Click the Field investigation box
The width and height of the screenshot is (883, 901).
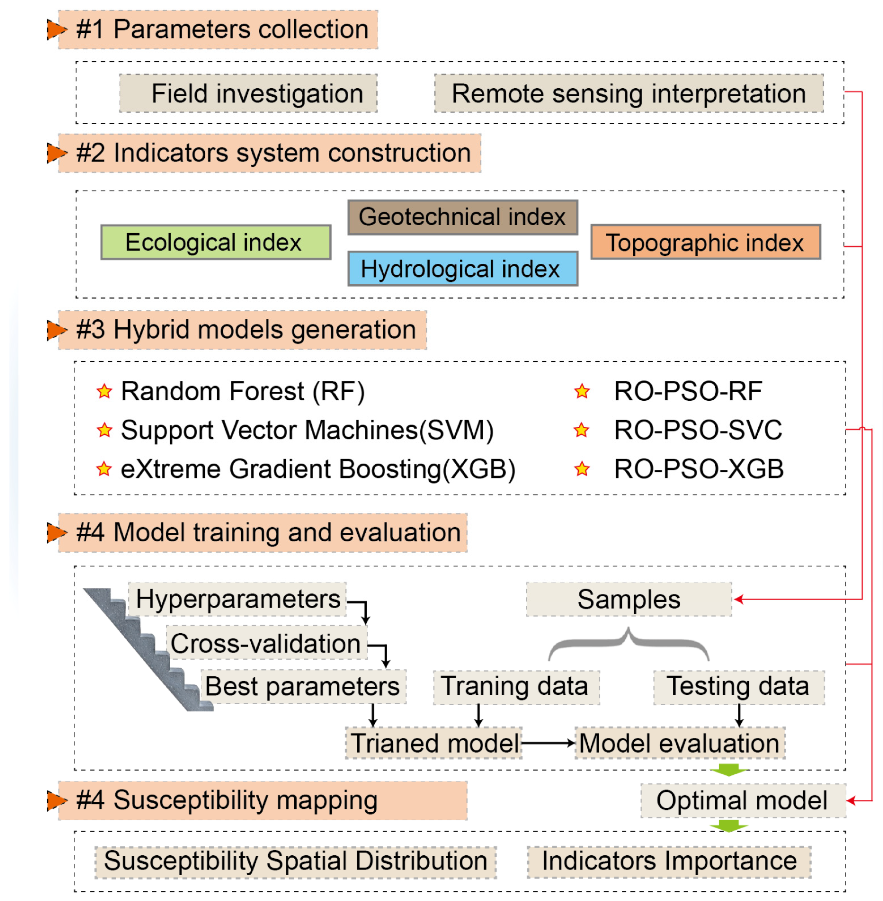(x=248, y=93)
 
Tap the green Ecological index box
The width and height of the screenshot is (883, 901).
(x=216, y=242)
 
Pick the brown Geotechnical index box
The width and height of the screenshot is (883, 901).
(x=462, y=217)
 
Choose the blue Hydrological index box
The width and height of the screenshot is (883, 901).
(x=462, y=269)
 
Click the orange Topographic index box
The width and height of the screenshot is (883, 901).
(x=705, y=242)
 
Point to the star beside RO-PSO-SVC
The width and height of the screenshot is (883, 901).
(x=581, y=430)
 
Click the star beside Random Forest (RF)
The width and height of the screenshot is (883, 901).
(x=105, y=391)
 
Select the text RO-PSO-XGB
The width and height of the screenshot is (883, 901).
(x=698, y=469)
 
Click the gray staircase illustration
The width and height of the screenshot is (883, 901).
(x=148, y=650)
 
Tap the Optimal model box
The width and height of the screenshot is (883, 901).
(x=742, y=801)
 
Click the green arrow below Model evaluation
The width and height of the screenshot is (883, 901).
(x=729, y=770)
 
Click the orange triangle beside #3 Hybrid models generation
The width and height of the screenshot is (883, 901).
(x=57, y=330)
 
